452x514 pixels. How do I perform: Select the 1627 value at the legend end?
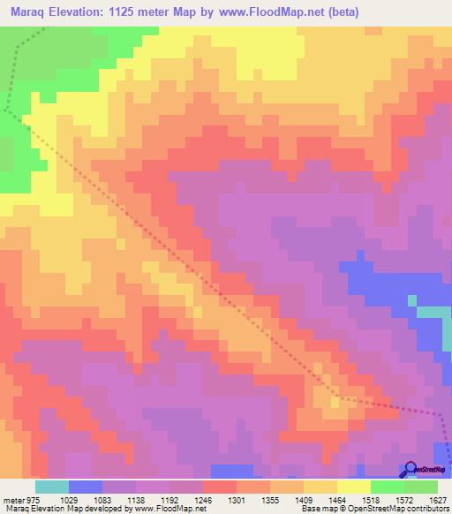pos(438,499)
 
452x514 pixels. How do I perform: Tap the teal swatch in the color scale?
pos(52,487)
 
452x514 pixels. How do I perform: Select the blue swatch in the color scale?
pos(86,487)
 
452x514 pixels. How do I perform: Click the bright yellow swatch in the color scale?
pos(354,487)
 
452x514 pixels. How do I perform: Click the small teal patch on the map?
pos(433,312)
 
